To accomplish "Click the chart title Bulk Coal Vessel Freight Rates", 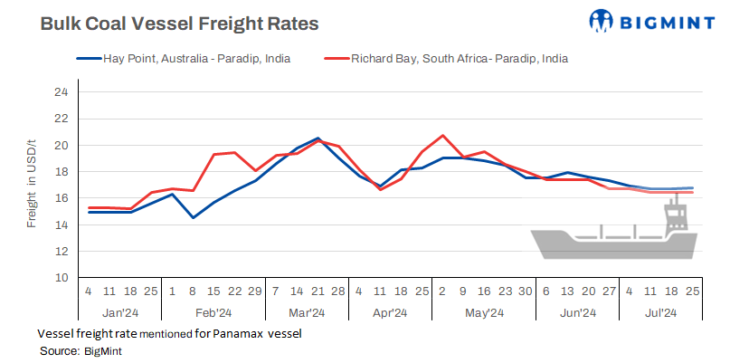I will click(x=179, y=24).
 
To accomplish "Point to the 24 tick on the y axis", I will click(x=61, y=92).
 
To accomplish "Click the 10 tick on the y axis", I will click(x=61, y=278).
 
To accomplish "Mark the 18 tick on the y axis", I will click(x=61, y=172).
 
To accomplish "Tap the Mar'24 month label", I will click(x=307, y=313).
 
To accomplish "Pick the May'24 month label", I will click(x=485, y=313).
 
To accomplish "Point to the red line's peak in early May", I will click(x=443, y=136).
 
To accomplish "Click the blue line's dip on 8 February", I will click(x=194, y=217).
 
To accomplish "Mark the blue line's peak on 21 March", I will click(x=318, y=139).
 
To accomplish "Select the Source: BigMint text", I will click(x=81, y=350).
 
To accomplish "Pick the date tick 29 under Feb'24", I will click(x=256, y=292).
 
